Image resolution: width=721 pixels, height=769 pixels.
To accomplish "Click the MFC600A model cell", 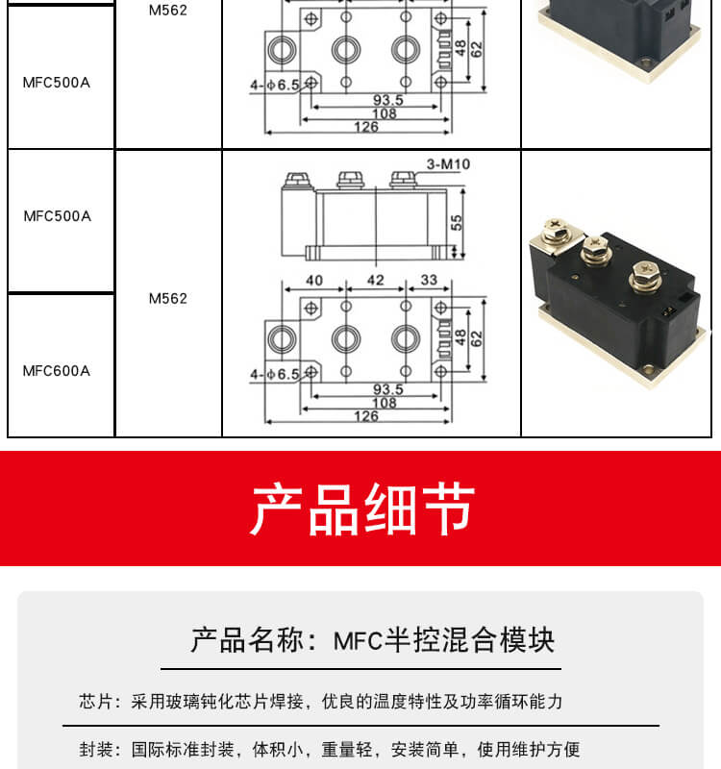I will [x=57, y=371].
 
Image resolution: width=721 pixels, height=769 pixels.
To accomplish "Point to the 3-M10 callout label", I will [x=448, y=164].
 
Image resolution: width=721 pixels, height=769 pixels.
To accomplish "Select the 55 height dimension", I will [x=457, y=221].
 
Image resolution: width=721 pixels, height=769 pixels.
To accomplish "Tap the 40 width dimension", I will [x=313, y=280].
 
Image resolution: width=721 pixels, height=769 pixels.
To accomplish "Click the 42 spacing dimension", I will [x=375, y=280].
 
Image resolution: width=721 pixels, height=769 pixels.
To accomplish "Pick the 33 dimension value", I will [x=429, y=280].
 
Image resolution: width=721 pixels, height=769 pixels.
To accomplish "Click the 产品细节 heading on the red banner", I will [x=361, y=509].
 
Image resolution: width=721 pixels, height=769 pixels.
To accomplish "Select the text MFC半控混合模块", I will [x=444, y=640].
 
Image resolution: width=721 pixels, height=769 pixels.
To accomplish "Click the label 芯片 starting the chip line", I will [x=94, y=702].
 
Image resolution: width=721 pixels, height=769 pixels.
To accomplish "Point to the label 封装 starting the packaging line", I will [x=94, y=750].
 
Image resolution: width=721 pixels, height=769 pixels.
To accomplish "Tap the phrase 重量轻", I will [x=345, y=750].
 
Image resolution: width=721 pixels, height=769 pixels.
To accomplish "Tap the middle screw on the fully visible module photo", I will [x=592, y=251].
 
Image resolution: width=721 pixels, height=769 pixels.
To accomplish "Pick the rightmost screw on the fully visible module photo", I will [x=644, y=280].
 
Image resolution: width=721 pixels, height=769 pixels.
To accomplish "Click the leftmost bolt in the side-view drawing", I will [x=292, y=180].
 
